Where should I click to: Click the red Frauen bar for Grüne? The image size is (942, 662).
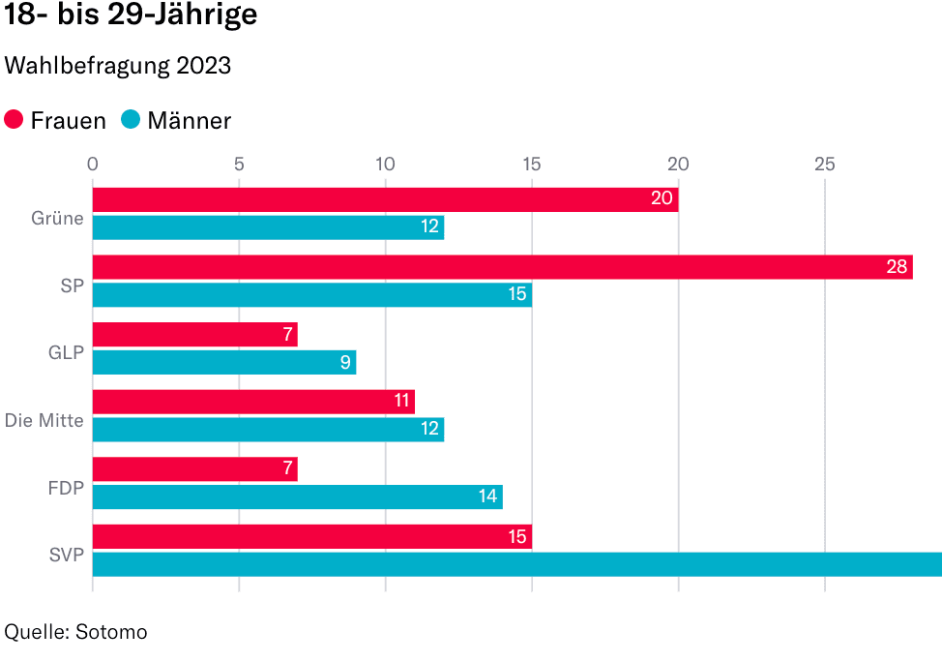point(385,199)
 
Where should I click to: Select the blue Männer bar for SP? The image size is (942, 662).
point(311,294)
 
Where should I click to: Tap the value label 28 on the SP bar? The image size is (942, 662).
point(898,267)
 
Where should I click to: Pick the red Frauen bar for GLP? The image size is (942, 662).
point(194,335)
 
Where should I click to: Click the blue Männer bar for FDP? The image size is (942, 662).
point(297,497)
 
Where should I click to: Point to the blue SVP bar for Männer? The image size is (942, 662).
point(516,564)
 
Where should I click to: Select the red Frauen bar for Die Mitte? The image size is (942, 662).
point(253,402)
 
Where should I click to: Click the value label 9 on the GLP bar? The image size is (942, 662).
point(344,363)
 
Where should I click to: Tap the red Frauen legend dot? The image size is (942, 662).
point(15,120)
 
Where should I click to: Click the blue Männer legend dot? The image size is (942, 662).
point(131,120)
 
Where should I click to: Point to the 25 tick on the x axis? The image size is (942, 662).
point(824,164)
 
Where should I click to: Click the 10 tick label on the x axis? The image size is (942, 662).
point(385,164)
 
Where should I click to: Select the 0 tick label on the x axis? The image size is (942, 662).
point(93,164)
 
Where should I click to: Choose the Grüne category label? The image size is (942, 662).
point(58,219)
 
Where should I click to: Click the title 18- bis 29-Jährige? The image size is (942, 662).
point(132,17)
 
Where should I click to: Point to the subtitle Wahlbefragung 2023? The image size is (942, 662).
point(118,66)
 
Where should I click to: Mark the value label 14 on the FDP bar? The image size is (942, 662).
point(487,497)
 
